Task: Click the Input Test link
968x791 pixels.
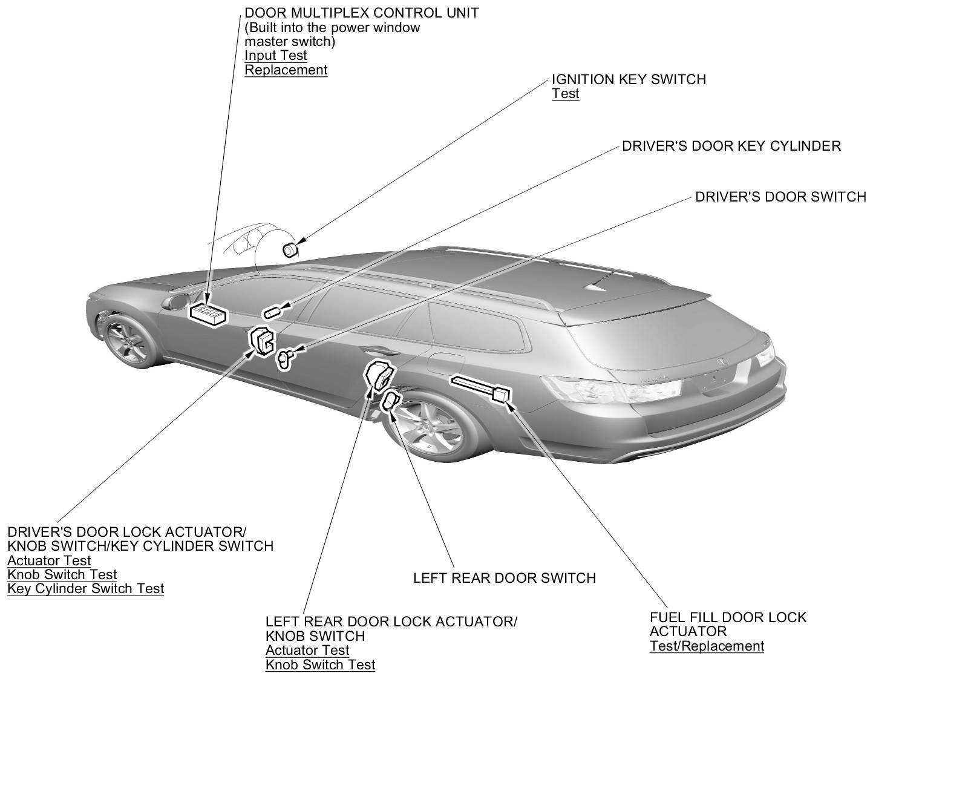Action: pyautogui.click(x=276, y=56)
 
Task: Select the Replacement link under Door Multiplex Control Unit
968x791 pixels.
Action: pyautogui.click(x=286, y=70)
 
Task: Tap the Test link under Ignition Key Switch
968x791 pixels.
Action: pyautogui.click(x=565, y=94)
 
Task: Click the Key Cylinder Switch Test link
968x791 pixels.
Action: pyautogui.click(x=85, y=588)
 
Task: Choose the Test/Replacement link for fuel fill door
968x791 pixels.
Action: pyautogui.click(x=707, y=646)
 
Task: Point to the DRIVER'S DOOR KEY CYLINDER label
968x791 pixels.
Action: pyautogui.click(x=731, y=146)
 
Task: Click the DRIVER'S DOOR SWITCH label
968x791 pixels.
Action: pyautogui.click(x=780, y=197)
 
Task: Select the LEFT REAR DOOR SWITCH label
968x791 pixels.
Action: pyautogui.click(x=504, y=578)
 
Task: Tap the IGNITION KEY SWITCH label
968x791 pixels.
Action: pyautogui.click(x=629, y=79)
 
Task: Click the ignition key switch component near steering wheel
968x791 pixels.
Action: pyautogui.click(x=291, y=249)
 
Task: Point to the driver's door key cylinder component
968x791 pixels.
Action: pyautogui.click(x=270, y=312)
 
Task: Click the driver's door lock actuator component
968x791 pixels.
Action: pyautogui.click(x=261, y=341)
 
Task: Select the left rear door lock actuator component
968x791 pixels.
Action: pyautogui.click(x=378, y=374)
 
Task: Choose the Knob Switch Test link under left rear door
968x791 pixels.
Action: pyautogui.click(x=320, y=665)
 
